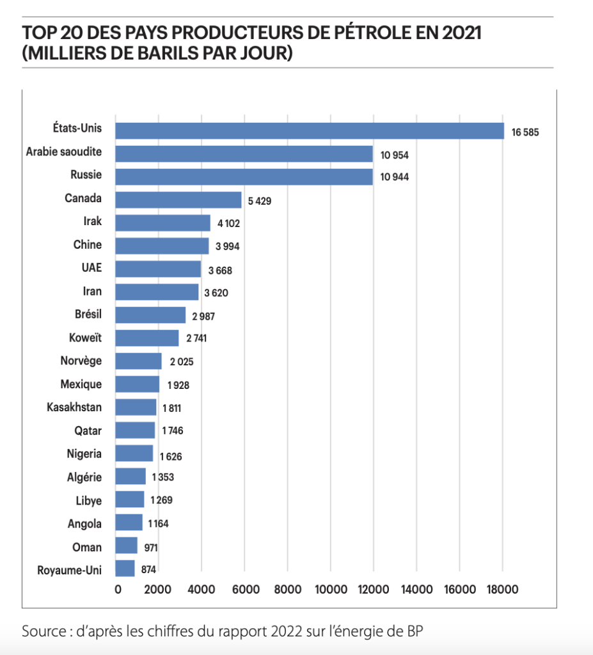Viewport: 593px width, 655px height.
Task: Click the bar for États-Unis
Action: [309, 130]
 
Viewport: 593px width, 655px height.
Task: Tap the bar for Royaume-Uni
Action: [125, 568]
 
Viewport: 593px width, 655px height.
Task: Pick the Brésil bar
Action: [150, 315]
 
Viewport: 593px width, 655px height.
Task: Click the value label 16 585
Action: [526, 133]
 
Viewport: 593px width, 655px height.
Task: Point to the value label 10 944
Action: [394, 177]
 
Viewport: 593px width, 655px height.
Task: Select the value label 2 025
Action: [182, 362]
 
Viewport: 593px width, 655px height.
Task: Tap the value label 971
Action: [152, 548]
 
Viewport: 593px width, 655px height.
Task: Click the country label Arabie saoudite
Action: [64, 152]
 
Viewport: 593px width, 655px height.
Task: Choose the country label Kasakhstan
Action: [74, 407]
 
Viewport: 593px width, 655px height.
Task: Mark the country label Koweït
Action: [85, 337]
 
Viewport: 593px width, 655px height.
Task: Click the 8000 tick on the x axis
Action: [287, 589]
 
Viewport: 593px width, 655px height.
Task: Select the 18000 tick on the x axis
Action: [502, 589]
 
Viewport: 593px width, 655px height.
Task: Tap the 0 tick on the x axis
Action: [118, 589]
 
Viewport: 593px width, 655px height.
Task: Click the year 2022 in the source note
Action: [279, 632]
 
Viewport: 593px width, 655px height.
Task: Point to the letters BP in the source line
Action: [415, 632]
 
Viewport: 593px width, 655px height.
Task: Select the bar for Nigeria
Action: [134, 453]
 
